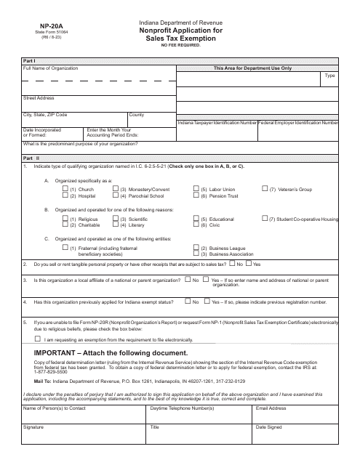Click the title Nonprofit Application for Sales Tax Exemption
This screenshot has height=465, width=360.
tap(179, 35)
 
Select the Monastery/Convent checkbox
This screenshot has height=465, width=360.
tap(116, 189)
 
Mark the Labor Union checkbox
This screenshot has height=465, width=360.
tap(196, 189)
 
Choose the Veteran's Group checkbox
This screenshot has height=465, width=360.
tap(265, 189)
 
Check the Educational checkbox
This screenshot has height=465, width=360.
tap(196, 218)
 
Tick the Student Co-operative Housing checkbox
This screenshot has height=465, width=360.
tap(265, 218)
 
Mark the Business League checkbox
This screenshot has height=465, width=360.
tap(196, 248)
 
